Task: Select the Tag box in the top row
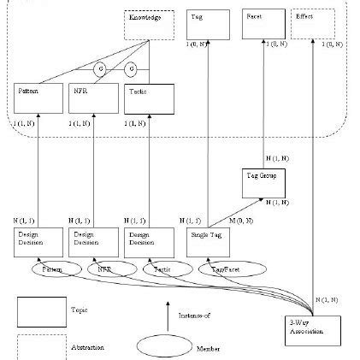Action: (209, 25)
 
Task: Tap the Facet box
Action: (262, 25)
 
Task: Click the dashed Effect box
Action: (312, 25)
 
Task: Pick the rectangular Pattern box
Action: (37, 98)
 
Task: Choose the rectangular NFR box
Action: (91, 98)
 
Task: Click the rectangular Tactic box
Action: (145, 98)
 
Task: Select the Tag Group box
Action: (263, 182)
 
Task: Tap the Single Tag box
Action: (209, 242)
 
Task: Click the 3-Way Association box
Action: (314, 330)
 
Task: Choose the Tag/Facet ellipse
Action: (225, 269)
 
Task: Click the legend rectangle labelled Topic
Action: (40, 311)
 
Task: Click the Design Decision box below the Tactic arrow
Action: (145, 242)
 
